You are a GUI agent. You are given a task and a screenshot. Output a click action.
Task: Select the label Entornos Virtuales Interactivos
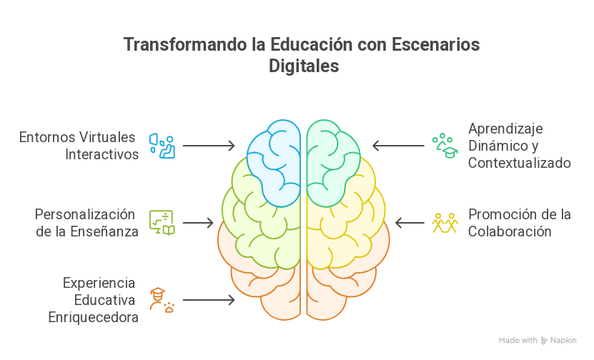[x=79, y=146]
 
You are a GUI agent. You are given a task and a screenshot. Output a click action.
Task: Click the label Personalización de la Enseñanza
[x=86, y=223]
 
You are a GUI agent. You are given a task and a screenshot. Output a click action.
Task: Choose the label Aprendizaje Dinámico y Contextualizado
[x=519, y=146]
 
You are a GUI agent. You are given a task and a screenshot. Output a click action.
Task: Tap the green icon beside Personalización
[x=162, y=223]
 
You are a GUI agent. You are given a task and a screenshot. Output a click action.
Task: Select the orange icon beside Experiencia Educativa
[x=162, y=300]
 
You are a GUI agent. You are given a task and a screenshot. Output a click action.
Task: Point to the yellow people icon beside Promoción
[x=444, y=223]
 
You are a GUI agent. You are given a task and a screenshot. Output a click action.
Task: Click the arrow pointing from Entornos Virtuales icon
[x=209, y=146]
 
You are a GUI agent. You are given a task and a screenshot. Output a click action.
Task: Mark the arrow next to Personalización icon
[x=198, y=223]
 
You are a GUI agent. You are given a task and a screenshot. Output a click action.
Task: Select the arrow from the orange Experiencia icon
[x=209, y=300]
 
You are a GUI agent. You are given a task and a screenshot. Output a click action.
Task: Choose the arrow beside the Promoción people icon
[x=410, y=223]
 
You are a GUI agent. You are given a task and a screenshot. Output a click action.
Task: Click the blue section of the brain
[x=275, y=161]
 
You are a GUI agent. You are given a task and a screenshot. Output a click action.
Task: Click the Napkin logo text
[x=563, y=341]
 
